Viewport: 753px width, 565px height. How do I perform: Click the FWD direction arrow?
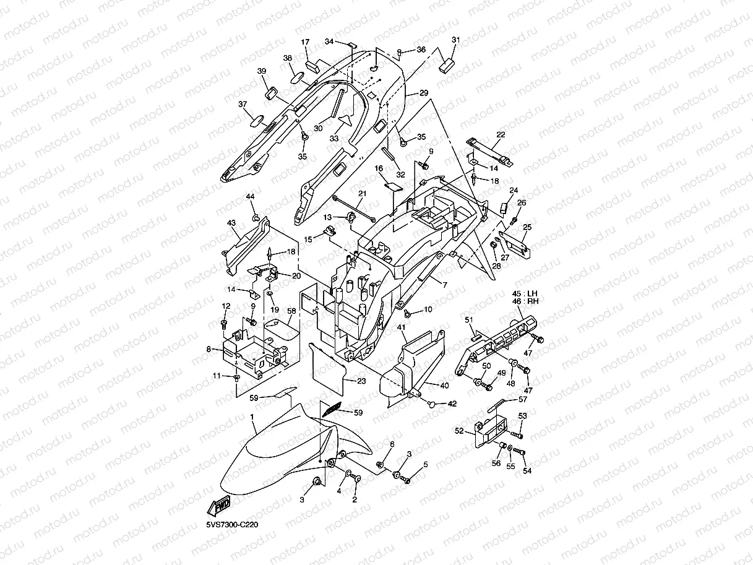[218, 506]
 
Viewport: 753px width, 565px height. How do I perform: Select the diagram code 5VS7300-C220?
[232, 525]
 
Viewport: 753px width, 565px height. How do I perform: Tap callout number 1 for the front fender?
[252, 417]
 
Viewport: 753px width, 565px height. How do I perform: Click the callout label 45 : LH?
[525, 294]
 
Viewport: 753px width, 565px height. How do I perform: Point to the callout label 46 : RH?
[525, 301]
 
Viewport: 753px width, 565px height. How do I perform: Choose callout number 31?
[455, 40]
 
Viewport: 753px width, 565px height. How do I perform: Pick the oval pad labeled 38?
[298, 77]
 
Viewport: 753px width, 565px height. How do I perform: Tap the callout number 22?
[501, 134]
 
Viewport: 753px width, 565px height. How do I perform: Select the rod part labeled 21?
[354, 209]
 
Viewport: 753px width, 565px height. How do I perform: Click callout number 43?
[231, 223]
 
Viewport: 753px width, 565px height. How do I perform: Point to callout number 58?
[291, 311]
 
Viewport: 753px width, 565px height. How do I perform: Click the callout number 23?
[361, 381]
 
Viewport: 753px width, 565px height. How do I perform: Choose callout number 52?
[459, 431]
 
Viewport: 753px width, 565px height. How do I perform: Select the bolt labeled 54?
[518, 452]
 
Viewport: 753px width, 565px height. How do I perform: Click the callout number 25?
[527, 227]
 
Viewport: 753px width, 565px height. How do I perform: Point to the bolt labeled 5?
[405, 478]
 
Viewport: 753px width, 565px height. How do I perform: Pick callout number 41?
[401, 327]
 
